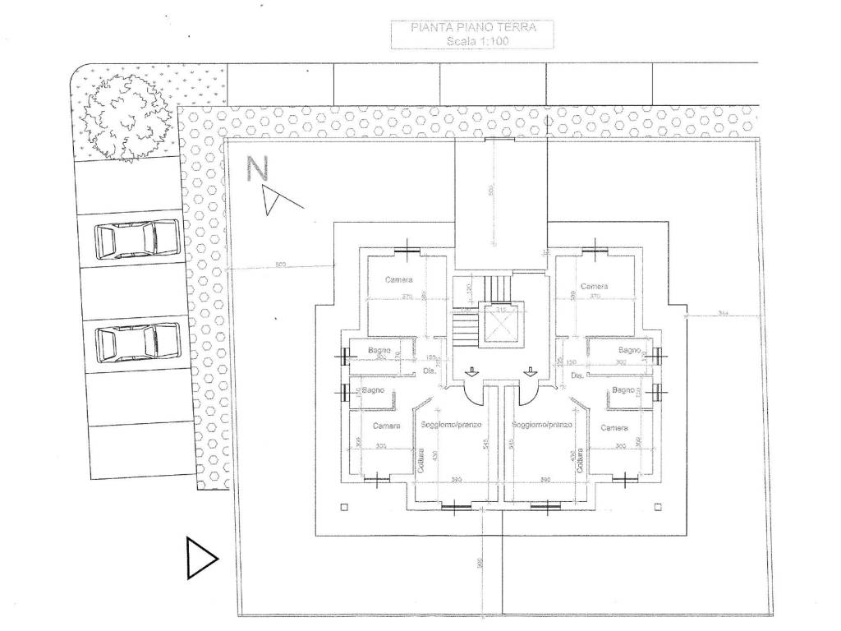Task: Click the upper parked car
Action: pos(136,239)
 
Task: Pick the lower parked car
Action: pos(136,341)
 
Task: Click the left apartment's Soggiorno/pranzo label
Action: pos(450,425)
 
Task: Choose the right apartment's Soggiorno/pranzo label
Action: pos(540,425)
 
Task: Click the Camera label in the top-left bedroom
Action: pos(398,280)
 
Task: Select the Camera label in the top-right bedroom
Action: pos(594,286)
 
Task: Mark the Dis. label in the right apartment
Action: pos(577,375)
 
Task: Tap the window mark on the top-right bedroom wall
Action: pos(597,250)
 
